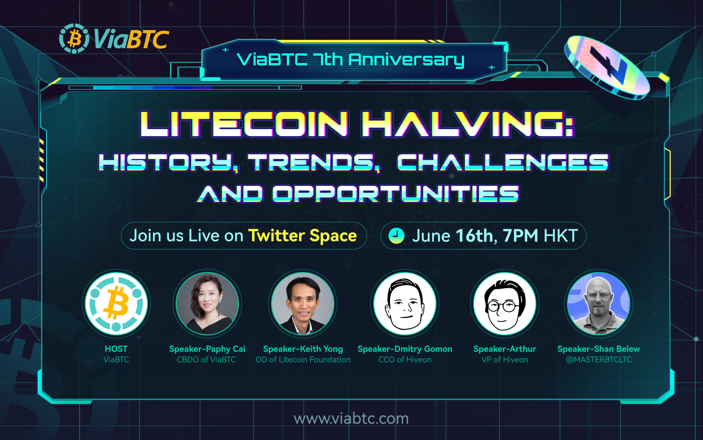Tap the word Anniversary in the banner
pyautogui.click(x=406, y=60)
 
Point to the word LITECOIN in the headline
pyautogui.click(x=244, y=124)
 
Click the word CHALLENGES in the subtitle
pyautogui.click(x=503, y=162)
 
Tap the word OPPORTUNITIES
pyautogui.click(x=395, y=194)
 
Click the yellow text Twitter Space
pyautogui.click(x=302, y=236)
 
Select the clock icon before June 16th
pyautogui.click(x=396, y=236)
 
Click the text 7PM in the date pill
pyautogui.click(x=520, y=236)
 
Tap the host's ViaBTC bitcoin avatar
pyautogui.click(x=116, y=304)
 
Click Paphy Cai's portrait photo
pyautogui.click(x=207, y=304)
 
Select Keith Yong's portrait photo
pyautogui.click(x=303, y=304)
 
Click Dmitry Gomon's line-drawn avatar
pyautogui.click(x=405, y=304)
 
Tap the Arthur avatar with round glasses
pyautogui.click(x=504, y=304)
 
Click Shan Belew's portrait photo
pyautogui.click(x=598, y=304)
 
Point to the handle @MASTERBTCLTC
pyautogui.click(x=598, y=359)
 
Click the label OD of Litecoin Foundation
pyautogui.click(x=303, y=359)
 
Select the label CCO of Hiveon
pyautogui.click(x=405, y=359)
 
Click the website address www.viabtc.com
pyautogui.click(x=351, y=418)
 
